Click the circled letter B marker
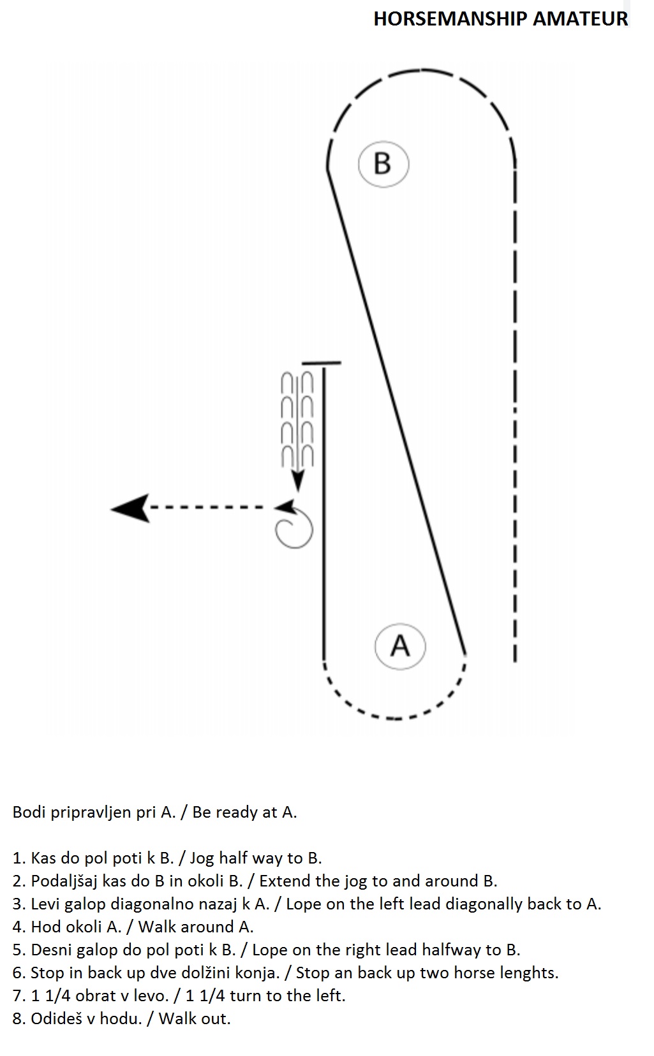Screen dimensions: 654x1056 [x=383, y=164]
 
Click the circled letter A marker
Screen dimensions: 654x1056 [x=400, y=646]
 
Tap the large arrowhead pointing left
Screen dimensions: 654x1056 [x=131, y=508]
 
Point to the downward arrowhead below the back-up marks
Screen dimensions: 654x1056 [x=297, y=482]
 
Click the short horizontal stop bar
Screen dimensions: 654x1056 [x=322, y=363]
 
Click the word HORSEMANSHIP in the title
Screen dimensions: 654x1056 [x=450, y=19]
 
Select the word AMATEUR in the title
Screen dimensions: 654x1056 [x=581, y=19]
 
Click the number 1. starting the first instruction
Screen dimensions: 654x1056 [x=19, y=858]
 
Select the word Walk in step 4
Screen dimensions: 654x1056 [x=158, y=927]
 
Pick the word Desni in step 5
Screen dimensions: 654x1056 [x=51, y=950]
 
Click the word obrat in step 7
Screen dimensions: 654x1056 [x=98, y=995]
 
